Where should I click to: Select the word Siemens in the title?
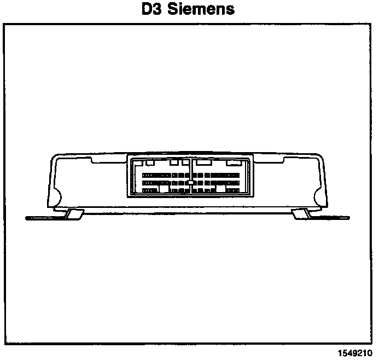(x=200, y=9)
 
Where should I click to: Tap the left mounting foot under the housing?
(x=73, y=214)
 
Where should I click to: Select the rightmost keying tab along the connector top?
(x=234, y=162)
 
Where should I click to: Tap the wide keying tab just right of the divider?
(x=204, y=162)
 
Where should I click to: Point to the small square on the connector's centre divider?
(x=190, y=182)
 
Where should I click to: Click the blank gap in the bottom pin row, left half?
(x=164, y=189)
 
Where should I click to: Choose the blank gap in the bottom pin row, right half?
(x=222, y=189)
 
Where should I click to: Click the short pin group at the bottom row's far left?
(x=149, y=190)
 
